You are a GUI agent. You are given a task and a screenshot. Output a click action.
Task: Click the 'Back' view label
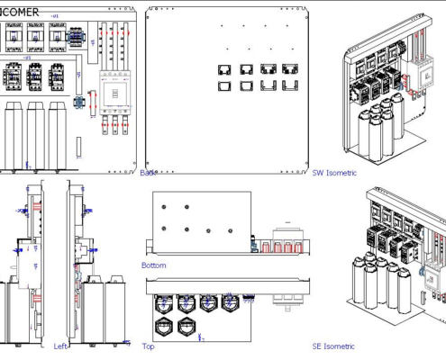[149, 173]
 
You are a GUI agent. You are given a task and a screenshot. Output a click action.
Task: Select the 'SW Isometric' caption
[333, 173]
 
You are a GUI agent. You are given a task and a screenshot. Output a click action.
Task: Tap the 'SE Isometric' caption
[333, 346]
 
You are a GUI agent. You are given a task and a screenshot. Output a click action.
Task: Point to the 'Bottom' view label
[154, 265]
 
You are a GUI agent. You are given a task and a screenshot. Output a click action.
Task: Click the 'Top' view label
[148, 346]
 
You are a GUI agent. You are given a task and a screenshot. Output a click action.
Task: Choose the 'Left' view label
[61, 346]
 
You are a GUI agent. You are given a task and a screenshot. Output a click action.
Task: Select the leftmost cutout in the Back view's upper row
[224, 68]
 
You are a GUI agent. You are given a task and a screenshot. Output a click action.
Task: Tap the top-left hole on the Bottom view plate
[168, 205]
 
